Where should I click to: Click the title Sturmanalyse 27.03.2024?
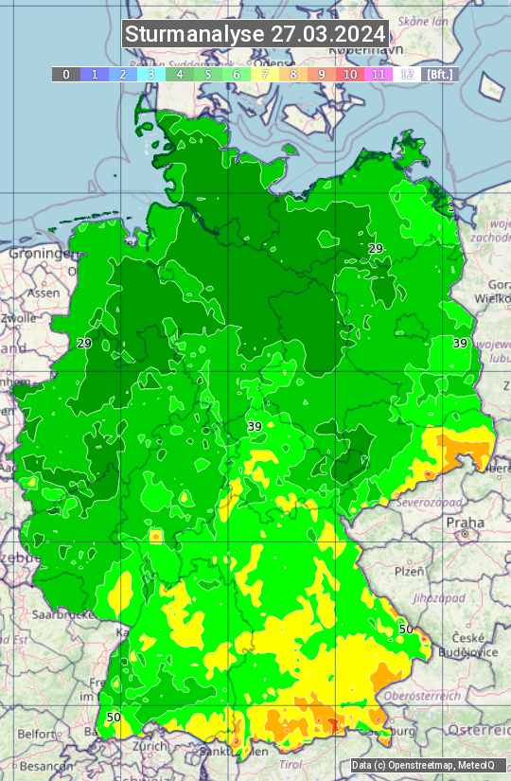[x=255, y=34]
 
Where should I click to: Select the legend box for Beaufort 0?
[x=65, y=74]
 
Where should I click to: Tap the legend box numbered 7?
[x=265, y=74]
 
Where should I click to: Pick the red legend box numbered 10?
[x=350, y=74]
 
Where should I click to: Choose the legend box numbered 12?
[x=407, y=74]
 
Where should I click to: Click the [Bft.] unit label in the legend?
[x=440, y=74]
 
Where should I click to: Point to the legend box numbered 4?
[x=180, y=74]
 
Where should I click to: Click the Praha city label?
[x=465, y=522]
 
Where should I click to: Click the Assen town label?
[x=43, y=293]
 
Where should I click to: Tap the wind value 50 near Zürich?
[x=114, y=718]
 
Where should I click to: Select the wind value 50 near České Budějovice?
[x=406, y=629]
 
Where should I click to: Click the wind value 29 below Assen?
[x=84, y=343]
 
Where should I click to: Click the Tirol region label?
[x=291, y=764]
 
